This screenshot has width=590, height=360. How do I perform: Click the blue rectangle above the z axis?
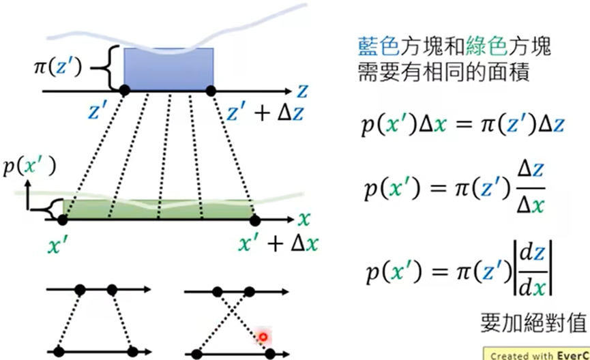pos(169,70)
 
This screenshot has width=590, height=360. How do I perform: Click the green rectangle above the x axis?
pos(158,209)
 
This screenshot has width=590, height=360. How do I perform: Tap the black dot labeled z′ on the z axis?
pos(125,90)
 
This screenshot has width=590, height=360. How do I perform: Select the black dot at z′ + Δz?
pos(211,91)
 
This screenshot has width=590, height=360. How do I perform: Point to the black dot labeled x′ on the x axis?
pos(63,220)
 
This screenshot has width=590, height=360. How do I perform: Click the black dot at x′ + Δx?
pos(254,220)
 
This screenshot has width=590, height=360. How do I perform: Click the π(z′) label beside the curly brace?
pos(57,67)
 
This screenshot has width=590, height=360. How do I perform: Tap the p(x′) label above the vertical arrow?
pos(29,166)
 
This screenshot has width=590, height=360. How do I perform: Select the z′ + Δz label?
pos(265,112)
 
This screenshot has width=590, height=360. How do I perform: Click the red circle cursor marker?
pos(263,337)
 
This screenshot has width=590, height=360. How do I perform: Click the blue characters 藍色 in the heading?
pos(379,46)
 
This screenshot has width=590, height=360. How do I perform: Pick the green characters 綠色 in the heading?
pos(487,46)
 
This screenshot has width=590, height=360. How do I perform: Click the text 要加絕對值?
pos(533,322)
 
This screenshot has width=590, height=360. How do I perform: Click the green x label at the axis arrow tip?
pos(304,219)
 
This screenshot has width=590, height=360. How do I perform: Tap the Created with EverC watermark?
pos(537,355)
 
